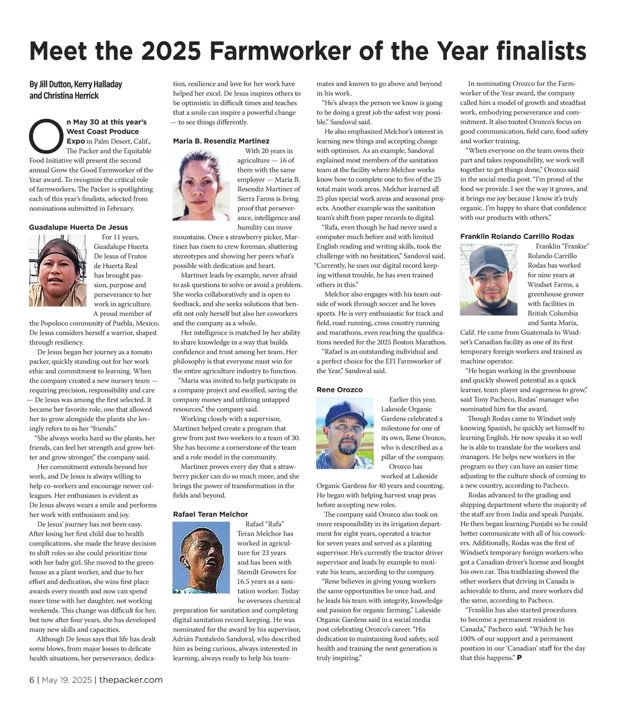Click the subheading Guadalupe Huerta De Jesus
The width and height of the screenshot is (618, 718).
78,227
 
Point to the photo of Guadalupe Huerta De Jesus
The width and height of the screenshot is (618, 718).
59,270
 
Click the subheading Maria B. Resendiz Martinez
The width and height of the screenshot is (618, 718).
221,141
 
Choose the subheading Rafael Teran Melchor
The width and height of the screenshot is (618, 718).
210,514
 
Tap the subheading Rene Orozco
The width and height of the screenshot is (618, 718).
339,390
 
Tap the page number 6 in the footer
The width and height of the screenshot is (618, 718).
31,680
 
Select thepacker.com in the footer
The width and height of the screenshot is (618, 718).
131,680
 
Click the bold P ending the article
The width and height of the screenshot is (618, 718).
519,658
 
